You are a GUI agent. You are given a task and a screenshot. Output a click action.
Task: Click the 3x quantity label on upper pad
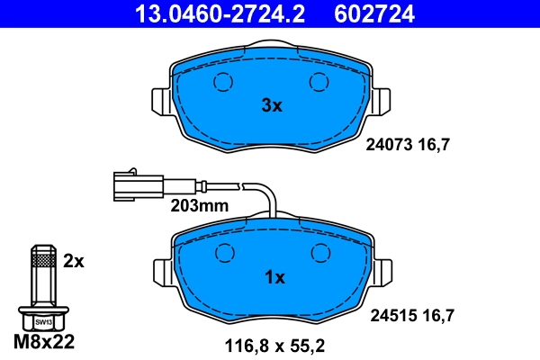tap(271, 105)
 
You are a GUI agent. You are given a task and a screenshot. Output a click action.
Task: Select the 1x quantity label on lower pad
tap(273, 277)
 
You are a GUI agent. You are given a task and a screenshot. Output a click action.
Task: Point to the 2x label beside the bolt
tap(74, 262)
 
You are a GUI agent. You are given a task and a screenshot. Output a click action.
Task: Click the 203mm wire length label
tap(200, 205)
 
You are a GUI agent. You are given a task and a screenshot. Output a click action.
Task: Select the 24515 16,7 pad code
tap(411, 315)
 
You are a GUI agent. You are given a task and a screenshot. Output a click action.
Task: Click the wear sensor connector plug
tap(136, 184)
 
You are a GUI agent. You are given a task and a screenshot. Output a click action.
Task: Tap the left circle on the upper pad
tap(222, 83)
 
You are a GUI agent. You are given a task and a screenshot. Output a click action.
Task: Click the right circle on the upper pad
tap(319, 83)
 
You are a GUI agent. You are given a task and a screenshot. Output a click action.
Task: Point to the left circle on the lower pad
tap(222, 255)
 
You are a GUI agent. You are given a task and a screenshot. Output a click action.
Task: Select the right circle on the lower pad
tap(319, 255)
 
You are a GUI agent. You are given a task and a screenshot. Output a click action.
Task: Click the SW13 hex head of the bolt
tap(41, 319)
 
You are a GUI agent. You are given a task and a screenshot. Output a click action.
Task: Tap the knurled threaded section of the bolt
tap(41, 262)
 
